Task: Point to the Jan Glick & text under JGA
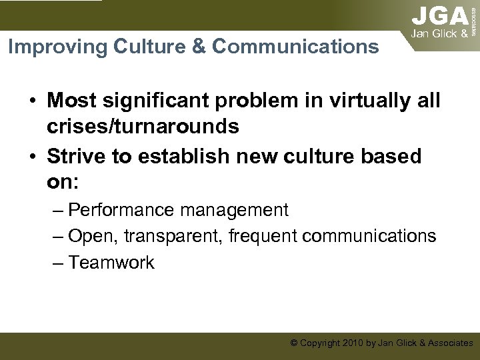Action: pyautogui.click(x=439, y=33)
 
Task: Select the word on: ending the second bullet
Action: pyautogui.click(x=64, y=182)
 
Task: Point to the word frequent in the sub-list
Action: pyautogui.click(x=260, y=236)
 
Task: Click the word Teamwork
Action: pyautogui.click(x=111, y=263)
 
